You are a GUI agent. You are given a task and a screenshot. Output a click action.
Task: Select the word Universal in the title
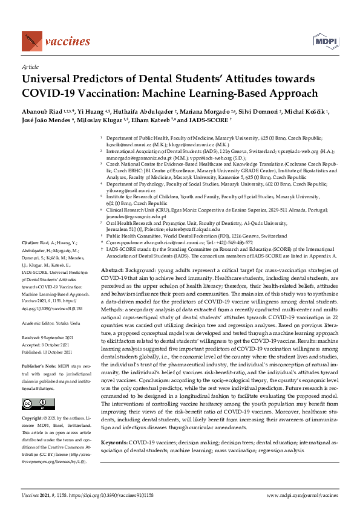(51, 79)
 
